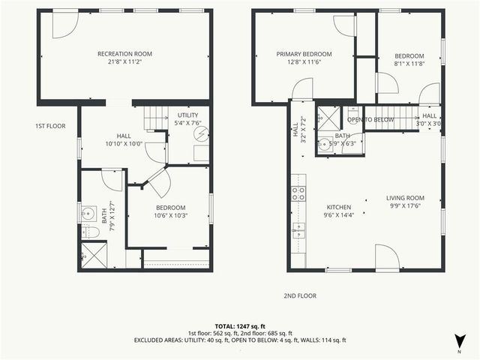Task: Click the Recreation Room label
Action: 124,53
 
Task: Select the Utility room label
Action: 187,115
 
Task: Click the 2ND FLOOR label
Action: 299,295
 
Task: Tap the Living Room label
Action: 405,198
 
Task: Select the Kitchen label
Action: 338,207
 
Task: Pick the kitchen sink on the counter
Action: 298,229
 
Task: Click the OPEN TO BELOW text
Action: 370,119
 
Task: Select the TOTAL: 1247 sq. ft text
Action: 239,325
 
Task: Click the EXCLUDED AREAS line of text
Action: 239,340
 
